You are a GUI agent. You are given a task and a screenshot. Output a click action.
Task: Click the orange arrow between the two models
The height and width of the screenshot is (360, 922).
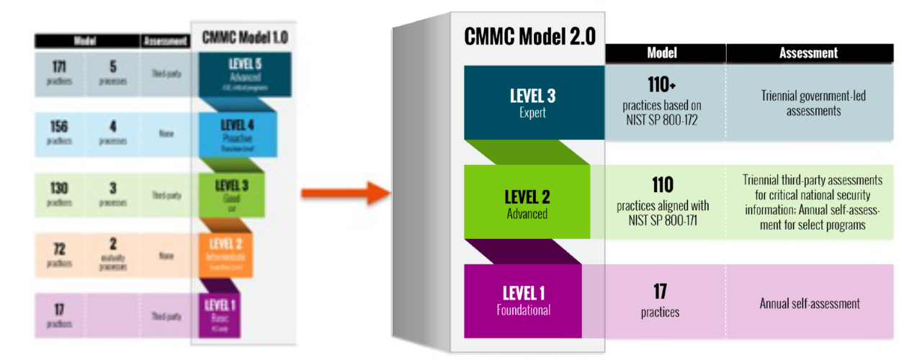(x=344, y=194)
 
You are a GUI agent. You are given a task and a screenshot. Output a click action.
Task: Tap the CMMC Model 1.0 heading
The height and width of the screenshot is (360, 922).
(x=245, y=36)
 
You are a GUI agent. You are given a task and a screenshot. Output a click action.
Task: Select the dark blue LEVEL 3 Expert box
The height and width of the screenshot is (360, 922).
(x=533, y=102)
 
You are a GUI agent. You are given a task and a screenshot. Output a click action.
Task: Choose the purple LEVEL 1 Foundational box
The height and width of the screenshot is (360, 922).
(x=523, y=301)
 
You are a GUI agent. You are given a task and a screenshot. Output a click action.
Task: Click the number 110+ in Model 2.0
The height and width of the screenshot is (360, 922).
(x=661, y=85)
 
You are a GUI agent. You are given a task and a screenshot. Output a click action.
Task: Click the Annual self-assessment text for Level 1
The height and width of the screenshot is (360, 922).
(x=809, y=303)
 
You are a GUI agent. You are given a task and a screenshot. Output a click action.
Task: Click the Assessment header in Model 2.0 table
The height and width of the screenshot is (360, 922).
(x=808, y=53)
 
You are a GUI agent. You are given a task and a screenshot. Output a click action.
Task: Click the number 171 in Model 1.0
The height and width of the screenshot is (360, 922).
(x=60, y=66)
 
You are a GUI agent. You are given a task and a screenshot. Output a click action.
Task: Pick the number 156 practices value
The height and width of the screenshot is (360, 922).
(x=60, y=127)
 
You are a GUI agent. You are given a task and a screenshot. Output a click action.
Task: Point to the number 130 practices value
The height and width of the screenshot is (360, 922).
(x=60, y=188)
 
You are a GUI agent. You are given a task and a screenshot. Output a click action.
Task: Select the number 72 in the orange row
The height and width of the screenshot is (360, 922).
(x=60, y=248)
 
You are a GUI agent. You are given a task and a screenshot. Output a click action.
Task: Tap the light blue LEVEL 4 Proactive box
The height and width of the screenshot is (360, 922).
(x=237, y=135)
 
